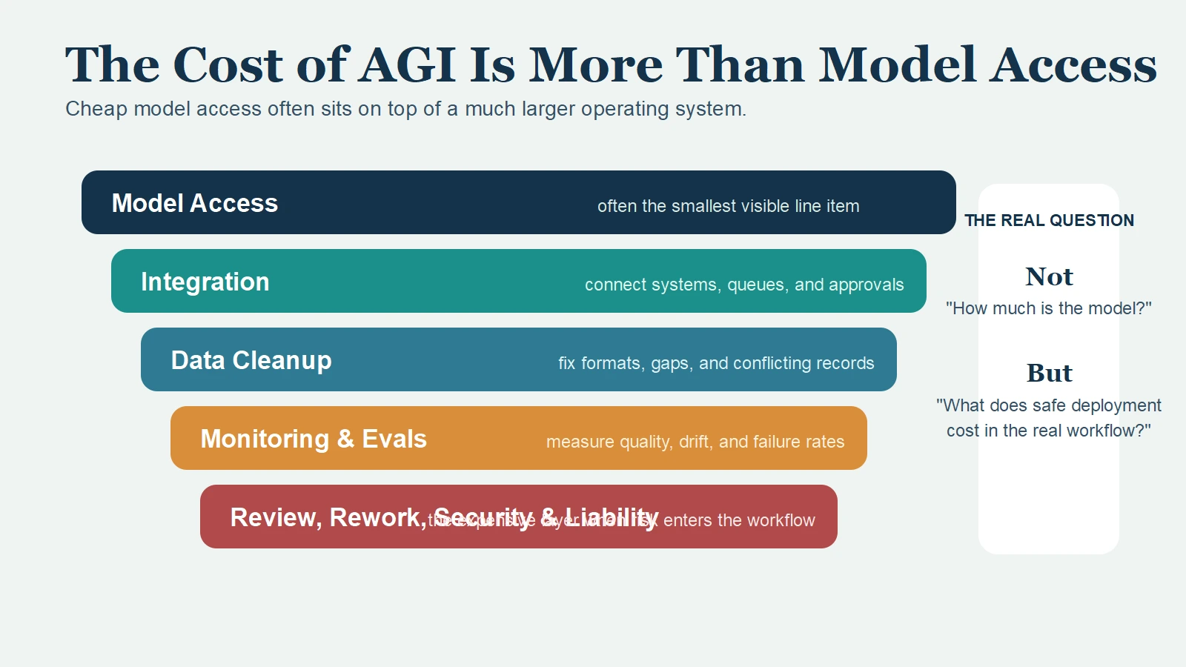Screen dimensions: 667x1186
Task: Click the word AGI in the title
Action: pyautogui.click(x=407, y=64)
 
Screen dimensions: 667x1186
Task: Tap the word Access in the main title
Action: pyautogui.click(x=1073, y=64)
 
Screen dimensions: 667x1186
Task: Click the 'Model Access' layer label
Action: pyautogui.click(x=194, y=203)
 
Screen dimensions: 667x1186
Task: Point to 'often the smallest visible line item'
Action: pyautogui.click(x=728, y=206)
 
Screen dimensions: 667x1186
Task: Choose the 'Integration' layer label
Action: pyautogui.click(x=205, y=282)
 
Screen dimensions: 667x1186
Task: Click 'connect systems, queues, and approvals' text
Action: pyautogui.click(x=743, y=285)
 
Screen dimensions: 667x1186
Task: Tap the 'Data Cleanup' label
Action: pyautogui.click(x=251, y=360)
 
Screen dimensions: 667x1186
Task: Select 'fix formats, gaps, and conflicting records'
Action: pyautogui.click(x=715, y=363)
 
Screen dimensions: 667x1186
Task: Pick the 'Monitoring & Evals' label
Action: pyautogui.click(x=313, y=439)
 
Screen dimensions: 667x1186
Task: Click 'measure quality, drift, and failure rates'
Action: pyautogui.click(x=695, y=442)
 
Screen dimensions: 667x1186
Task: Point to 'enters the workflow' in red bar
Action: pyautogui.click(x=738, y=520)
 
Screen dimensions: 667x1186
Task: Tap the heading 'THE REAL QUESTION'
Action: pyautogui.click(x=1048, y=220)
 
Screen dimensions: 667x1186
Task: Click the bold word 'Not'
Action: pyautogui.click(x=1048, y=276)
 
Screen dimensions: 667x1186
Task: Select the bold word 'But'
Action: pyautogui.click(x=1048, y=373)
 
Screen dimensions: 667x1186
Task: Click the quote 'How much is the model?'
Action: pyautogui.click(x=1048, y=308)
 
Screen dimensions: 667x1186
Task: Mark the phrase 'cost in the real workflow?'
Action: pyautogui.click(x=1048, y=431)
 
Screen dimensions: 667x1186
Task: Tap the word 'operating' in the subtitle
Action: pyautogui.click(x=624, y=109)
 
